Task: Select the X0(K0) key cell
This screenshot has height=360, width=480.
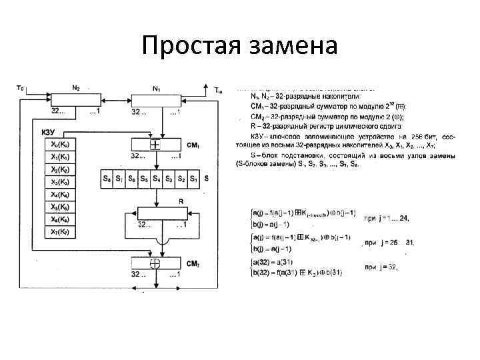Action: click(x=60, y=144)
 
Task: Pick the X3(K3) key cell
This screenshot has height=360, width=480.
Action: click(x=60, y=181)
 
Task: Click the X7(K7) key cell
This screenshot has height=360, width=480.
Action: click(x=60, y=231)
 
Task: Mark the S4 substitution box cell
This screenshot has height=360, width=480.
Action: click(x=156, y=179)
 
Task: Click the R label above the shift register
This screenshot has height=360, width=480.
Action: click(x=180, y=201)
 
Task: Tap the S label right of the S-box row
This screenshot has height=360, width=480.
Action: click(x=206, y=179)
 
